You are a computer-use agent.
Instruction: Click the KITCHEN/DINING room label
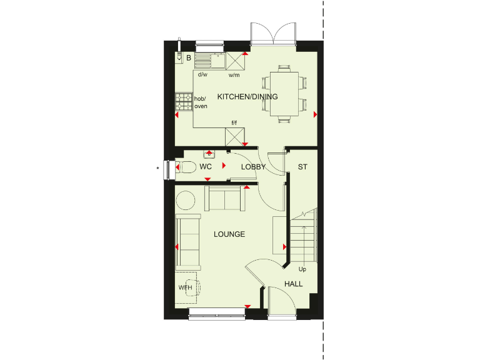(247, 97)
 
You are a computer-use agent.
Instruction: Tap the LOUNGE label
(229, 234)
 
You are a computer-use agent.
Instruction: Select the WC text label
(206, 167)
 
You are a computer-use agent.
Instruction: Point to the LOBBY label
(253, 167)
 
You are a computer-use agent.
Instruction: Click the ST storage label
(302, 167)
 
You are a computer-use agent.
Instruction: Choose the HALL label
(293, 284)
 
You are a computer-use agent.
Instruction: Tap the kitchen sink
(210, 61)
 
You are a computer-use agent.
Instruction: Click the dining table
(284, 94)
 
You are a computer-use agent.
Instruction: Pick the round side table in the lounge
(186, 200)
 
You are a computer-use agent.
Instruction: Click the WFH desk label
(186, 287)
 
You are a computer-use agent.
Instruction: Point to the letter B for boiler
(188, 58)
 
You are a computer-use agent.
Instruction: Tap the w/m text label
(234, 75)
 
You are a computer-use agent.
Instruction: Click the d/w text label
(202, 75)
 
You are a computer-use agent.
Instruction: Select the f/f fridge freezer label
(234, 122)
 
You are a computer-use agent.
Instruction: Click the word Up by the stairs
(302, 269)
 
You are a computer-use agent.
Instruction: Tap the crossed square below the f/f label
(235, 136)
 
